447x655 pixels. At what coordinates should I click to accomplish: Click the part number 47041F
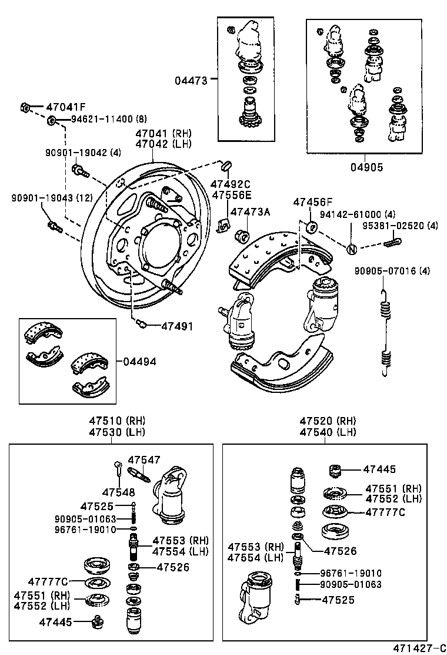(66, 107)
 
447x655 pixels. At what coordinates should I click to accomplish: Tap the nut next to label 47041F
(25, 107)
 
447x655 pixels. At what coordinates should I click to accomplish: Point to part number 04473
(191, 80)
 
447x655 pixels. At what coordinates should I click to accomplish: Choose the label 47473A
(250, 211)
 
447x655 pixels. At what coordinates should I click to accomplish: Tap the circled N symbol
(351, 249)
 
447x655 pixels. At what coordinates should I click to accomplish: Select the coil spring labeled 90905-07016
(385, 333)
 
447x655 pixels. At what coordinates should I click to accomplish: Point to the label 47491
(177, 326)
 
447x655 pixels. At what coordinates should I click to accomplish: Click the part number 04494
(139, 361)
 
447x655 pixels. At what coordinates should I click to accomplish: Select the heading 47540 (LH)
(328, 432)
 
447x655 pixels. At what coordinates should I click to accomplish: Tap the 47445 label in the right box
(379, 469)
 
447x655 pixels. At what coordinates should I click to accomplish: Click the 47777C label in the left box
(48, 582)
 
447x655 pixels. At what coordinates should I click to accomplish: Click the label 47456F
(313, 202)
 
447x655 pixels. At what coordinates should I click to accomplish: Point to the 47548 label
(118, 492)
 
